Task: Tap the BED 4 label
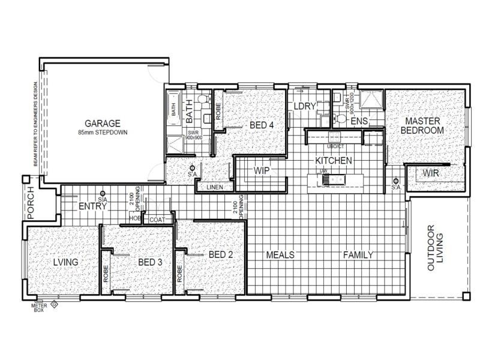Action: coord(262,125)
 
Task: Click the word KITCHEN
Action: coord(334,161)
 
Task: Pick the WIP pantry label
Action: coord(261,170)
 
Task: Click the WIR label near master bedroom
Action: coord(431,173)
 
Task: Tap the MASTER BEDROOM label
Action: coord(422,125)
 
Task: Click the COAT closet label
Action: coord(157,220)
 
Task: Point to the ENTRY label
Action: coord(93,206)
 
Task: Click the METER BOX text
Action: coord(39,308)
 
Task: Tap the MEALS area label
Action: coord(280,255)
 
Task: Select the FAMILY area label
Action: coord(358,255)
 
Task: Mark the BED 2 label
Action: coord(221,254)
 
